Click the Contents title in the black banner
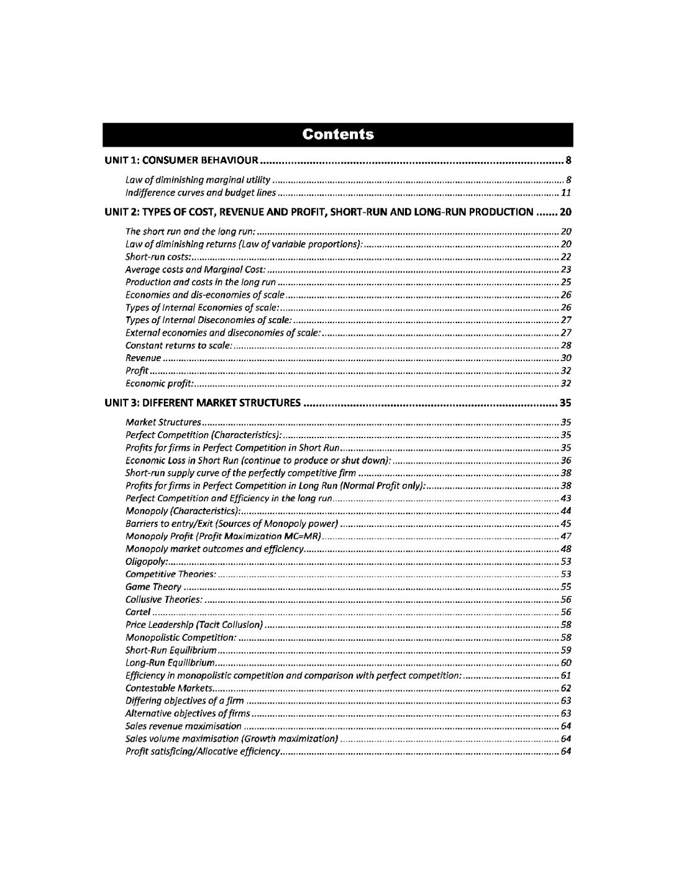click(x=338, y=134)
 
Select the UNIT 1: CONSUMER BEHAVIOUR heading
click(x=181, y=161)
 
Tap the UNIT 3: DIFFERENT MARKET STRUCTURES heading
click(x=203, y=403)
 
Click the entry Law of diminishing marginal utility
click(x=198, y=180)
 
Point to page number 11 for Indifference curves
click(x=565, y=192)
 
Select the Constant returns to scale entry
click(x=179, y=345)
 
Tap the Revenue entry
click(x=144, y=358)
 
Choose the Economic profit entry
click(x=160, y=383)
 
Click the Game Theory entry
click(x=153, y=587)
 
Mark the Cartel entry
click(x=138, y=612)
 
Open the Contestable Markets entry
click(x=170, y=688)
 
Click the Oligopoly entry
click(x=146, y=561)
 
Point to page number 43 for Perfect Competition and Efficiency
click(x=565, y=498)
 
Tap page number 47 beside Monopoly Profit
click(x=565, y=536)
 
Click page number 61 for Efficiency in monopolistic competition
click(x=565, y=675)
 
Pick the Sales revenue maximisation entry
click(x=183, y=726)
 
